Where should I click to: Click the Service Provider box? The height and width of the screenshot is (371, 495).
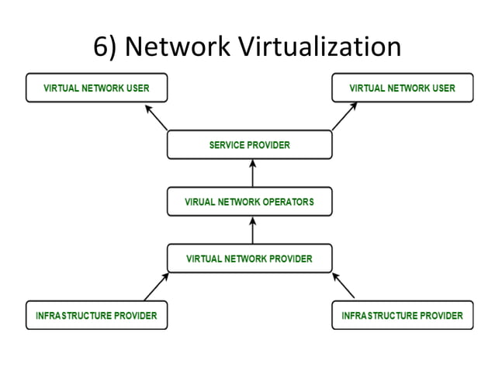(x=249, y=145)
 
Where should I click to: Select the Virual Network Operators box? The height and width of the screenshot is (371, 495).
(x=249, y=202)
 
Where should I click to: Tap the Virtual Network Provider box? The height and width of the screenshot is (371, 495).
(x=249, y=258)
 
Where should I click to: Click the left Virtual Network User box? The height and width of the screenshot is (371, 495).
(x=96, y=88)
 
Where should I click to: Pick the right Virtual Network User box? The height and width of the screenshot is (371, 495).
(x=402, y=88)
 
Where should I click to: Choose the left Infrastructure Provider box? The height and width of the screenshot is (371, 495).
(x=96, y=315)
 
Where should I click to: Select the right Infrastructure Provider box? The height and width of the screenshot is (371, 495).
(x=402, y=315)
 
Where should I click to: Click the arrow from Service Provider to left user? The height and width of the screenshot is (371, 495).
(x=156, y=117)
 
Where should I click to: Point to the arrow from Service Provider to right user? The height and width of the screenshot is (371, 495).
(x=344, y=117)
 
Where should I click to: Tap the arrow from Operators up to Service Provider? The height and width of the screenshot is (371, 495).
(x=251, y=173)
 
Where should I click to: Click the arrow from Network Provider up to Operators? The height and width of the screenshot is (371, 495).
(x=251, y=230)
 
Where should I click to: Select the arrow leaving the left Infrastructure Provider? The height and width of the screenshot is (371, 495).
(x=156, y=286)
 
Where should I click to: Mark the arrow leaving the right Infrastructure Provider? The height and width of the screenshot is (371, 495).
(x=344, y=286)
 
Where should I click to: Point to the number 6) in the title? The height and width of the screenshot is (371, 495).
(x=106, y=47)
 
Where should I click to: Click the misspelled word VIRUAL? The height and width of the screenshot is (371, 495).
(x=200, y=202)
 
